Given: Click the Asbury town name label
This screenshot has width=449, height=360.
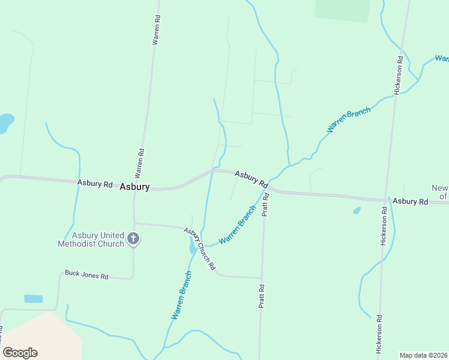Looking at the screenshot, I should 134,187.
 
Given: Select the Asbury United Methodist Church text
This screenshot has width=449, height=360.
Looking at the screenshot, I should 91,239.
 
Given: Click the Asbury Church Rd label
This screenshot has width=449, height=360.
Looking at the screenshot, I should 199,249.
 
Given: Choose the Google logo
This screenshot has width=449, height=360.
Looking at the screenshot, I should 20,353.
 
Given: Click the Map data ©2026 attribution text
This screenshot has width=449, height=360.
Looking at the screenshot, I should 423,355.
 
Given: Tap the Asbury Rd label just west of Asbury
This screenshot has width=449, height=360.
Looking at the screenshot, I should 95,183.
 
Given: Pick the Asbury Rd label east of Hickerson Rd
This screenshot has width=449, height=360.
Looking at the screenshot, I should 411,202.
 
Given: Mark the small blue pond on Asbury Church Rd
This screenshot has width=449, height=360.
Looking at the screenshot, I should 192,245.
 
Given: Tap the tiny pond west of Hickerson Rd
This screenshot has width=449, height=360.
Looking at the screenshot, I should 357,211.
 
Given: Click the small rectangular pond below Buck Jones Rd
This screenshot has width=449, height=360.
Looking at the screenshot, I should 34,298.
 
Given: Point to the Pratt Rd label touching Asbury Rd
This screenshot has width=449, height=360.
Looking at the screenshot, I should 265,205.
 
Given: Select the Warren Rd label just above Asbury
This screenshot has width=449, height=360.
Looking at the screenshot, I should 139,163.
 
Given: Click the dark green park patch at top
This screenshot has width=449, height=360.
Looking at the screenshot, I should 342,10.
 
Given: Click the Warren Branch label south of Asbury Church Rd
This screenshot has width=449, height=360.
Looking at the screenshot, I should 181,295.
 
